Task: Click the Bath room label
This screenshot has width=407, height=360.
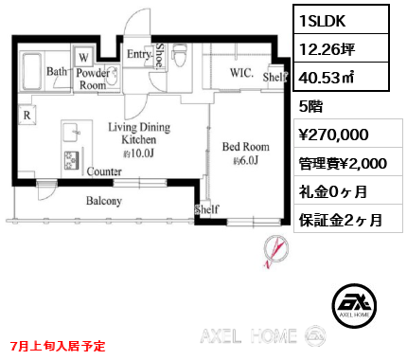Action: coord(57,71)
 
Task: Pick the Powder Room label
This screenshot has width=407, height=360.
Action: coord(93,78)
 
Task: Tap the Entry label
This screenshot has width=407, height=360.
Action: coord(139,56)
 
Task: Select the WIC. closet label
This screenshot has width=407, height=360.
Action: coord(240,71)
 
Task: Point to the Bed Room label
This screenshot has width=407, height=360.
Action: coord(246,147)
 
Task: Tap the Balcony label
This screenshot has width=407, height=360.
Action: coord(104,201)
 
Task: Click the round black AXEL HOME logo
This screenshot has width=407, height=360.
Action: coord(356,304)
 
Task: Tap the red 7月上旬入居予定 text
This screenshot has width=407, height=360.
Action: coord(59,347)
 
